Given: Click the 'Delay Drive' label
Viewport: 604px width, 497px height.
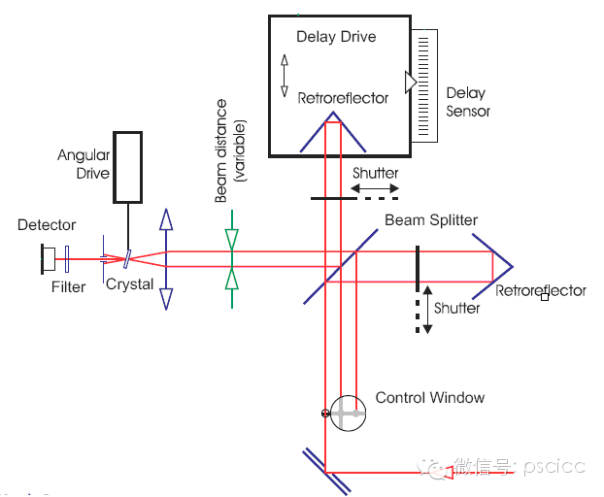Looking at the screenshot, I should pyautogui.click(x=335, y=37).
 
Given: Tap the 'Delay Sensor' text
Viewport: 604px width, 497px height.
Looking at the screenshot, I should pyautogui.click(x=467, y=102).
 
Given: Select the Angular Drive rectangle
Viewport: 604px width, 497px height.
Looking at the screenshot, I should pyautogui.click(x=127, y=165).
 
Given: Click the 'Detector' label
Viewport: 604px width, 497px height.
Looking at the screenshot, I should pyautogui.click(x=47, y=225).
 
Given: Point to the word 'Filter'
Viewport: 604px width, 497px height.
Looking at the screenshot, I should pyautogui.click(x=68, y=286).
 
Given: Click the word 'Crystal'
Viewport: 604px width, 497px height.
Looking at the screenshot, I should pyautogui.click(x=129, y=284).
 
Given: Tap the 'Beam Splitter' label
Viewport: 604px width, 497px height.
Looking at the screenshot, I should pyautogui.click(x=431, y=220).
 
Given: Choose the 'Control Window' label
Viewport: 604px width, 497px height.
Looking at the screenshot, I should pyautogui.click(x=429, y=397).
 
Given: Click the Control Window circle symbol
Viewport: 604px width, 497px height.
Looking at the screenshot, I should pyautogui.click(x=347, y=414).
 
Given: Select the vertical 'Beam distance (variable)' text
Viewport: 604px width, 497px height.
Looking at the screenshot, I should pyautogui.click(x=230, y=150).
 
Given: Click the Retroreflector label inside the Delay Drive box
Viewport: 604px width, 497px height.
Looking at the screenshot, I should pyautogui.click(x=343, y=97).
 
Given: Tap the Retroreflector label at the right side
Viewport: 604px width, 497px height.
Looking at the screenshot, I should pyautogui.click(x=540, y=290).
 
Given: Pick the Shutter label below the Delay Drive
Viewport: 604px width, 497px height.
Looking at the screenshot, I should pyautogui.click(x=375, y=173).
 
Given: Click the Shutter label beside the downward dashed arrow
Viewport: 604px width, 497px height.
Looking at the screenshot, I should pyautogui.click(x=456, y=308).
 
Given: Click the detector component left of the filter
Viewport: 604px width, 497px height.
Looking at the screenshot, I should pyautogui.click(x=46, y=258).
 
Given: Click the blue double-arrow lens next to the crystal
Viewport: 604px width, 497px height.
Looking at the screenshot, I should pyautogui.click(x=167, y=258).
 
